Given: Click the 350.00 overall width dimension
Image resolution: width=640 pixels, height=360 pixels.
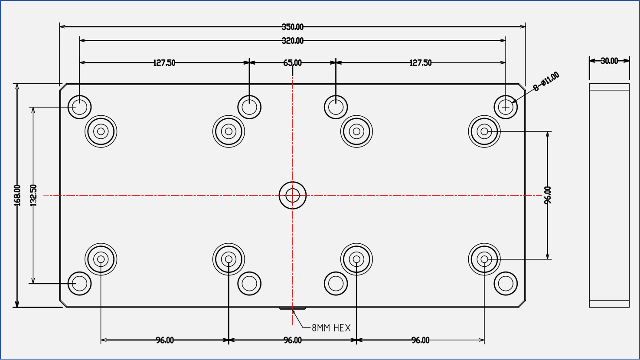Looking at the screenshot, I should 293,27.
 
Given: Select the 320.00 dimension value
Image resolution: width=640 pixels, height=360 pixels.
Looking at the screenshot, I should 293,41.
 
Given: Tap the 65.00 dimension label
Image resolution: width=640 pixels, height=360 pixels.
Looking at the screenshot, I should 293,63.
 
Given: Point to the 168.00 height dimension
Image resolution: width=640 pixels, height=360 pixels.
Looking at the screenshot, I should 17,195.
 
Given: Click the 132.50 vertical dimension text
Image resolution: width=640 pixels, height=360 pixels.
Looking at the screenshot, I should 33,195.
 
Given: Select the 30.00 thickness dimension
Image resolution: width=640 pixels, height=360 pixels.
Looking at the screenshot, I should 609,61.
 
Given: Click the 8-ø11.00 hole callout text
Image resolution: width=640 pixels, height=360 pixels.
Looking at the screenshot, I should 546,82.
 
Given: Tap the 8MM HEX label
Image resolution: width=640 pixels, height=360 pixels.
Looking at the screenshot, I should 331,328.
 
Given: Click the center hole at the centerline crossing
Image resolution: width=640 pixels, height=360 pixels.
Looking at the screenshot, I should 293,195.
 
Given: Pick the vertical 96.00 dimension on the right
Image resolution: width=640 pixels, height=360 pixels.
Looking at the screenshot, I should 548,195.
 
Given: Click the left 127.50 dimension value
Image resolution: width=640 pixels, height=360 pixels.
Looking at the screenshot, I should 164,63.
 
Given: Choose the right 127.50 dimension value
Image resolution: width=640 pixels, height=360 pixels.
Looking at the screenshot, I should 421,63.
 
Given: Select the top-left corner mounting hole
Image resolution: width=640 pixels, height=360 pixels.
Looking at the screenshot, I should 79,107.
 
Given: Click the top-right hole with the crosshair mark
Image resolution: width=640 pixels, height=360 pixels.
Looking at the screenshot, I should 506,107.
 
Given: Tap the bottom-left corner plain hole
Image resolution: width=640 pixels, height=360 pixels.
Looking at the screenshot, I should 79,284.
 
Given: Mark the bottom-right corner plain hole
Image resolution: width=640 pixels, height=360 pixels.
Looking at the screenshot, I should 506,284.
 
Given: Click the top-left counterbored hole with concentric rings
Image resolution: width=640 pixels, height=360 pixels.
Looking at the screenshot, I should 101,131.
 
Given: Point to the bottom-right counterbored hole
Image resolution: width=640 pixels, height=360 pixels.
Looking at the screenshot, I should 484,259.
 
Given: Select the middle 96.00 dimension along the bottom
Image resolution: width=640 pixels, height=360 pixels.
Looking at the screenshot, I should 293,340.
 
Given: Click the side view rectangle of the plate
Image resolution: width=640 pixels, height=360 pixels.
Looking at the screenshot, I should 609,195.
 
